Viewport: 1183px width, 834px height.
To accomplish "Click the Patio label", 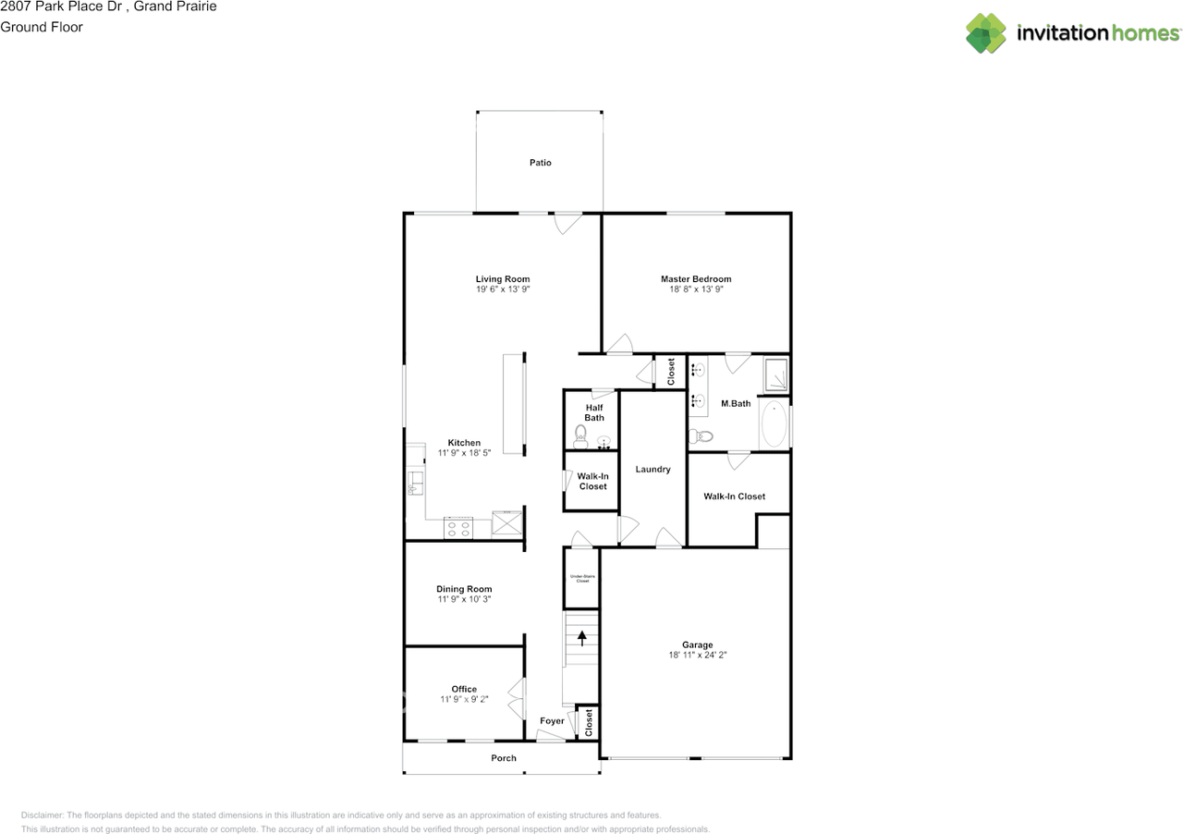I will pos(541,163).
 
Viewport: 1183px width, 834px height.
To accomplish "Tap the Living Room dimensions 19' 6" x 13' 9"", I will pos(503,289).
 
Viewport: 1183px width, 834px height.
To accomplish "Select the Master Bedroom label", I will pos(695,279).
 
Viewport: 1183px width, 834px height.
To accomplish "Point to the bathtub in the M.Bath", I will pos(774,424).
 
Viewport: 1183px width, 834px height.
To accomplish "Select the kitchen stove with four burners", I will pos(458,527).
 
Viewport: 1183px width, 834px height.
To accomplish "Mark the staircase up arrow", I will pos(582,637).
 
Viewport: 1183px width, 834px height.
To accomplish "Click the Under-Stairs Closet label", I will pos(580,579).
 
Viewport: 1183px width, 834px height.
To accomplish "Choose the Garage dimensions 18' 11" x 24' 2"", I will pos(697,656).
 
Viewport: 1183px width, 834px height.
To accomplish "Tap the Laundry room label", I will pos(652,470).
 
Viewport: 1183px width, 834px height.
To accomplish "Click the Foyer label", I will pos(552,721).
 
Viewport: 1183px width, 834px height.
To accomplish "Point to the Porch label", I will pos(504,758).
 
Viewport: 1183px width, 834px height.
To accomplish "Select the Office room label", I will pos(464,689).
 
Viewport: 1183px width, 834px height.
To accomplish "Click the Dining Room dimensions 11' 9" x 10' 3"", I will pos(464,599).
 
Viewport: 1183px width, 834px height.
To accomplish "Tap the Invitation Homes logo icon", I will pos(985,33).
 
